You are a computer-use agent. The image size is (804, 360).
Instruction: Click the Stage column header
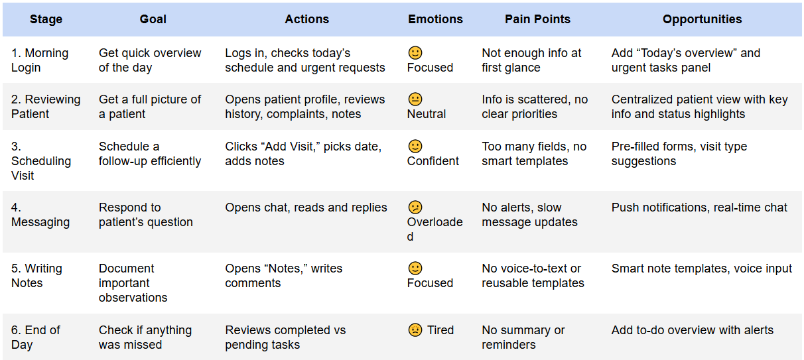click(46, 19)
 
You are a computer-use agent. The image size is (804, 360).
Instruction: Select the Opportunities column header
click(702, 19)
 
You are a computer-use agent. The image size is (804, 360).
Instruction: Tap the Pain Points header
click(537, 19)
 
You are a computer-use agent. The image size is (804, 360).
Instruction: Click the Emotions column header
click(435, 19)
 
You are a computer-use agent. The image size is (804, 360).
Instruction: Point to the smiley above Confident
click(415, 147)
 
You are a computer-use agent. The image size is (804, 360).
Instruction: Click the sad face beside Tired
click(415, 330)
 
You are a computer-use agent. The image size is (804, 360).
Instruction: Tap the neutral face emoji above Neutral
click(415, 99)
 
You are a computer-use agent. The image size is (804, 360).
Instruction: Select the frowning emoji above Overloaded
click(415, 208)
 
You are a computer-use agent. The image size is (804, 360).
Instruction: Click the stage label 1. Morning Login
click(40, 60)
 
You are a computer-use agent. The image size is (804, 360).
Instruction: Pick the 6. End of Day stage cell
click(36, 337)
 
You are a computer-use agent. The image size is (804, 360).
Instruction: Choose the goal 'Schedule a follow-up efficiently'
click(150, 154)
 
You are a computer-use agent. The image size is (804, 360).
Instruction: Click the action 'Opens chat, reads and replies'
click(306, 208)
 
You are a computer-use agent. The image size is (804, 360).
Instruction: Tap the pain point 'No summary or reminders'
click(523, 337)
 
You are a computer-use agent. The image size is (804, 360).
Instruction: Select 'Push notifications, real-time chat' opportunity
click(699, 208)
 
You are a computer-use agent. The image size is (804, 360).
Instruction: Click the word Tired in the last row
click(440, 330)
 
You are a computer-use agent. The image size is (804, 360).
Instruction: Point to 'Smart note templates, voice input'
click(701, 269)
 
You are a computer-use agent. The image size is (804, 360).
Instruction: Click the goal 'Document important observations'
click(133, 283)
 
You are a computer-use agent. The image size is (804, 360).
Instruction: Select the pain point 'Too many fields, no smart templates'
click(534, 154)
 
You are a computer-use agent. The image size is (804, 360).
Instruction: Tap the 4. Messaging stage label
click(40, 215)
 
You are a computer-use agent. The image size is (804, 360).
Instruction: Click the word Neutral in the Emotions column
click(427, 114)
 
